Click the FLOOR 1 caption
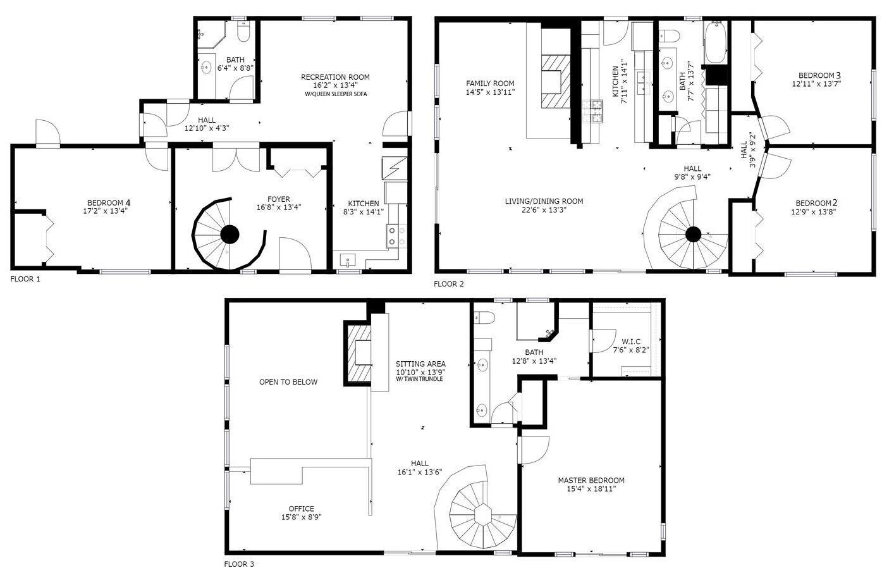[25, 280]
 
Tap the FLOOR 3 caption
[239, 564]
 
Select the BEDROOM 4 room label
[109, 203]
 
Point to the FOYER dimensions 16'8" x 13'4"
[279, 207]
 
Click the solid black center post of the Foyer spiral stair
[230, 235]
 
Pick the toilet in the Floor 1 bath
[243, 32]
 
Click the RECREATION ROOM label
[335, 77]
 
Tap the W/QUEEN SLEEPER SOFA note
[336, 94]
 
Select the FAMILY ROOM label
[490, 83]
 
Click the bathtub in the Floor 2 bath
[716, 42]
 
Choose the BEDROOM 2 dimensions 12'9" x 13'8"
[814, 212]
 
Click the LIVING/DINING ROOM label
[544, 201]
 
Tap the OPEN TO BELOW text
[288, 382]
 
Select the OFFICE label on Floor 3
[301, 509]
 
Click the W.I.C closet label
[631, 342]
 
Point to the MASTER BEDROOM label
[591, 480]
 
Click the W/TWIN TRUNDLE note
[419, 379]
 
